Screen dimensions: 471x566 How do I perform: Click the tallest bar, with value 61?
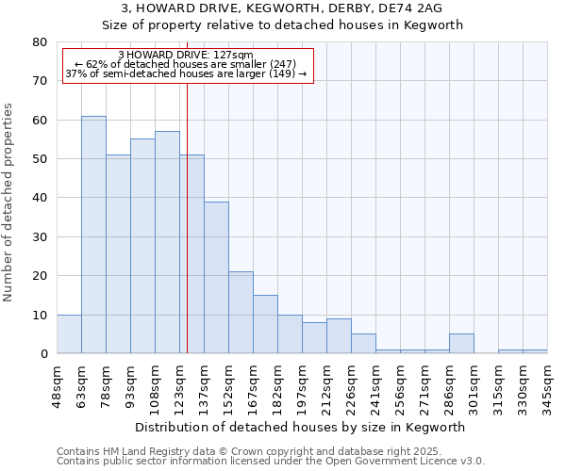(x=93, y=235)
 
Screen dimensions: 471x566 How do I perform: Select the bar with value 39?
(x=216, y=278)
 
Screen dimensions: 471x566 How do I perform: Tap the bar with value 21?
(x=241, y=313)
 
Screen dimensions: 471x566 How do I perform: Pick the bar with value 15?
(x=265, y=324)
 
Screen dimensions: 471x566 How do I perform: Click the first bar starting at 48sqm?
(x=69, y=334)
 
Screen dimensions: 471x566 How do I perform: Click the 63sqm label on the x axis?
(x=81, y=384)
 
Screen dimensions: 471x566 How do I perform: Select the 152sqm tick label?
(x=228, y=386)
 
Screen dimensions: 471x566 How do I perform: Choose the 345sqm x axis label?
(x=547, y=386)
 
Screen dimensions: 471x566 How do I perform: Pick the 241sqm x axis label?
(x=375, y=386)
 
